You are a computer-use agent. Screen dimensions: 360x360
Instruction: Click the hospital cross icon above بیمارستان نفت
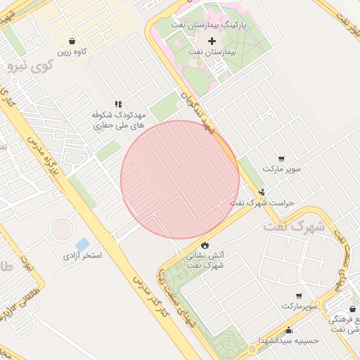click(212, 41)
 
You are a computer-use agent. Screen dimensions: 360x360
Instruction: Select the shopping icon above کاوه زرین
click(73, 41)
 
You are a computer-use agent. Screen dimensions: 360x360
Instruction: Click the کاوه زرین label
click(73, 52)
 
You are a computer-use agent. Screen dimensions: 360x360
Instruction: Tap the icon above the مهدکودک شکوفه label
click(118, 103)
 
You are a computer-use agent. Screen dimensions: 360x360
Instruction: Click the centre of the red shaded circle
click(180, 179)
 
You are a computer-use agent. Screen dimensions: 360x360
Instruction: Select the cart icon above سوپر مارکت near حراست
click(282, 159)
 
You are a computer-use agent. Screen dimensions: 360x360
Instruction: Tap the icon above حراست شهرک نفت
click(262, 192)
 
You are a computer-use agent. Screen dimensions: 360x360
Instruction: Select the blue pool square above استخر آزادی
click(82, 244)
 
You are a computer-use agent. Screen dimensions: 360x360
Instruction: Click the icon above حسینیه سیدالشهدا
click(289, 330)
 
